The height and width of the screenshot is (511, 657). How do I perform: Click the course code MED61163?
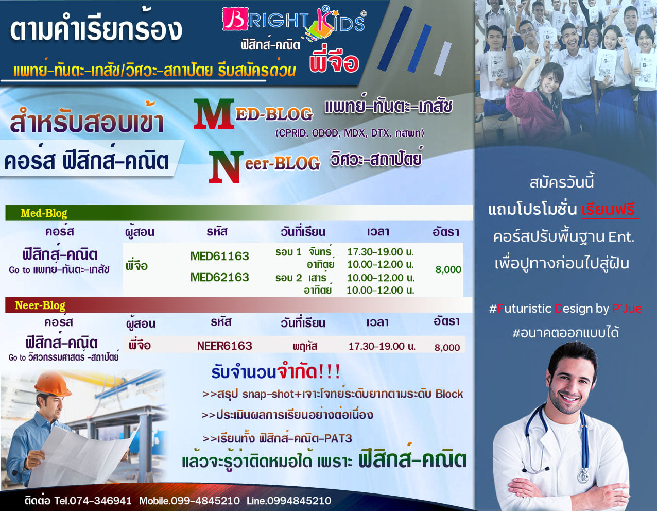point(219,257)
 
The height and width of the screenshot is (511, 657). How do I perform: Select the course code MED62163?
point(219,277)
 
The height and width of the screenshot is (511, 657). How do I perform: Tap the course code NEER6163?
point(224,346)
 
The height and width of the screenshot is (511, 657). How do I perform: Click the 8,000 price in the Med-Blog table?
point(448,269)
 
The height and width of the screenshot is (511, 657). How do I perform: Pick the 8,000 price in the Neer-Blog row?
point(447,347)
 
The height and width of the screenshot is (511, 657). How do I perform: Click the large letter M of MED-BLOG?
point(214,114)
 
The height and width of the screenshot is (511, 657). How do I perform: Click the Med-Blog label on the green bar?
point(44,213)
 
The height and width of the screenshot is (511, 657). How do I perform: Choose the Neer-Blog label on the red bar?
point(40,305)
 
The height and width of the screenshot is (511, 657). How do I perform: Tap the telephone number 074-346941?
point(101,501)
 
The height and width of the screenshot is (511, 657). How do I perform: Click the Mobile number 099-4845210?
point(205,501)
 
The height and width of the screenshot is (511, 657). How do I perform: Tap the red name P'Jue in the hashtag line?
point(627,309)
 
